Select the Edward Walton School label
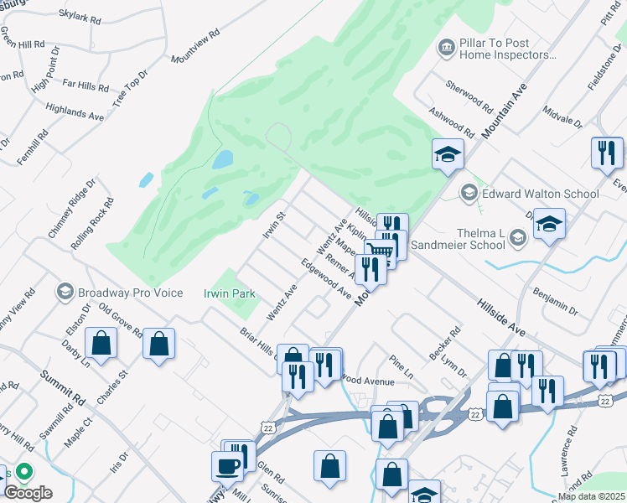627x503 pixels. point(541,194)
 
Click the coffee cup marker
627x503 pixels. point(231,465)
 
